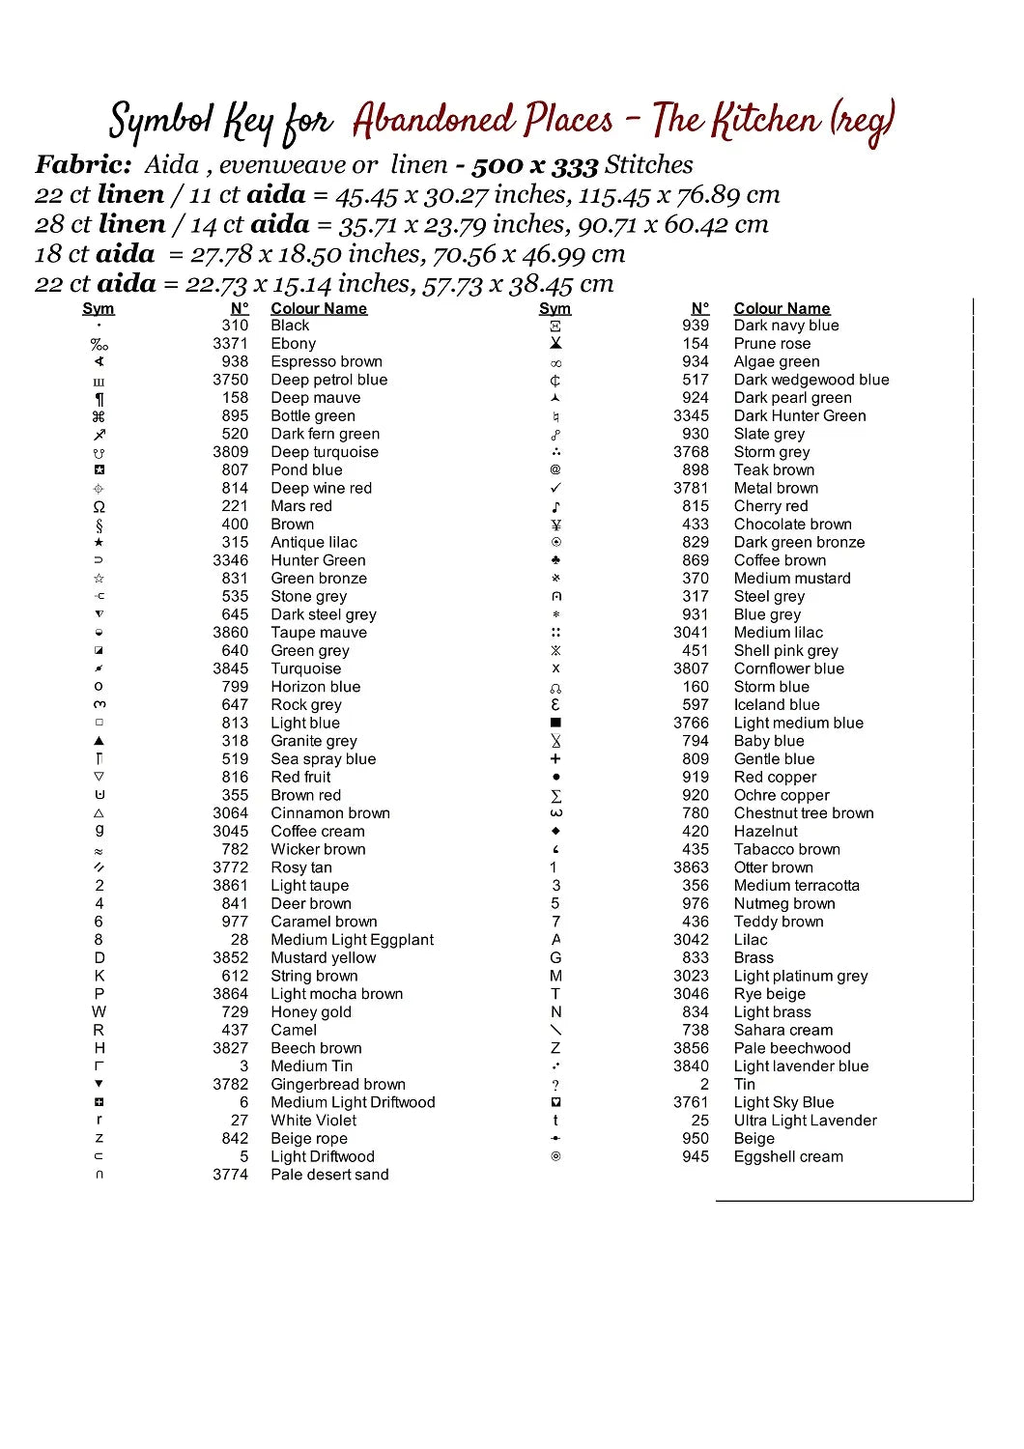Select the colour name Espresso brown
click(327, 361)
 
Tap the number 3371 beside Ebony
click(231, 344)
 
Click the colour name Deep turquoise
click(325, 452)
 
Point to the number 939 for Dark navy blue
click(696, 326)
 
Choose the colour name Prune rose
click(772, 344)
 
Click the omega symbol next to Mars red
click(99, 506)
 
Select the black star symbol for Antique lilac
click(99, 543)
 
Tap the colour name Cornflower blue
click(788, 668)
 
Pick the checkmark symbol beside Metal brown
click(555, 488)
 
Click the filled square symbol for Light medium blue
click(555, 723)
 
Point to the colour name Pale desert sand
click(329, 1175)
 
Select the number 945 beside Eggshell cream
click(696, 1156)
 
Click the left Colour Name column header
click(319, 308)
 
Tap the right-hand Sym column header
click(555, 308)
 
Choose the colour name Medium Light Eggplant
click(352, 940)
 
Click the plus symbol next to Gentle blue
click(555, 759)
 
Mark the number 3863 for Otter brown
click(691, 867)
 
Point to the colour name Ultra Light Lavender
click(805, 1121)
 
